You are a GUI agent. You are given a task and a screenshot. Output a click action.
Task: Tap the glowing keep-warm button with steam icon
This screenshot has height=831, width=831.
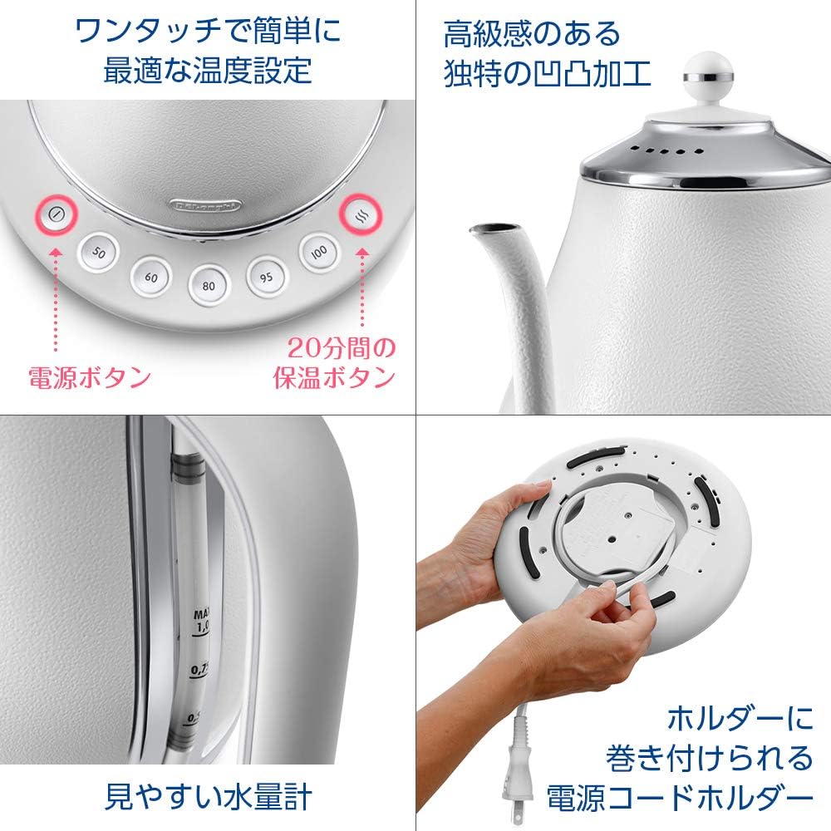(361, 214)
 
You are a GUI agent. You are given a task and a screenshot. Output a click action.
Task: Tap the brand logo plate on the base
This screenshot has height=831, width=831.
(206, 203)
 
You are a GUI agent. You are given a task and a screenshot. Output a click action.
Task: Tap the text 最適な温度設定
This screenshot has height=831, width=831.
(207, 70)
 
